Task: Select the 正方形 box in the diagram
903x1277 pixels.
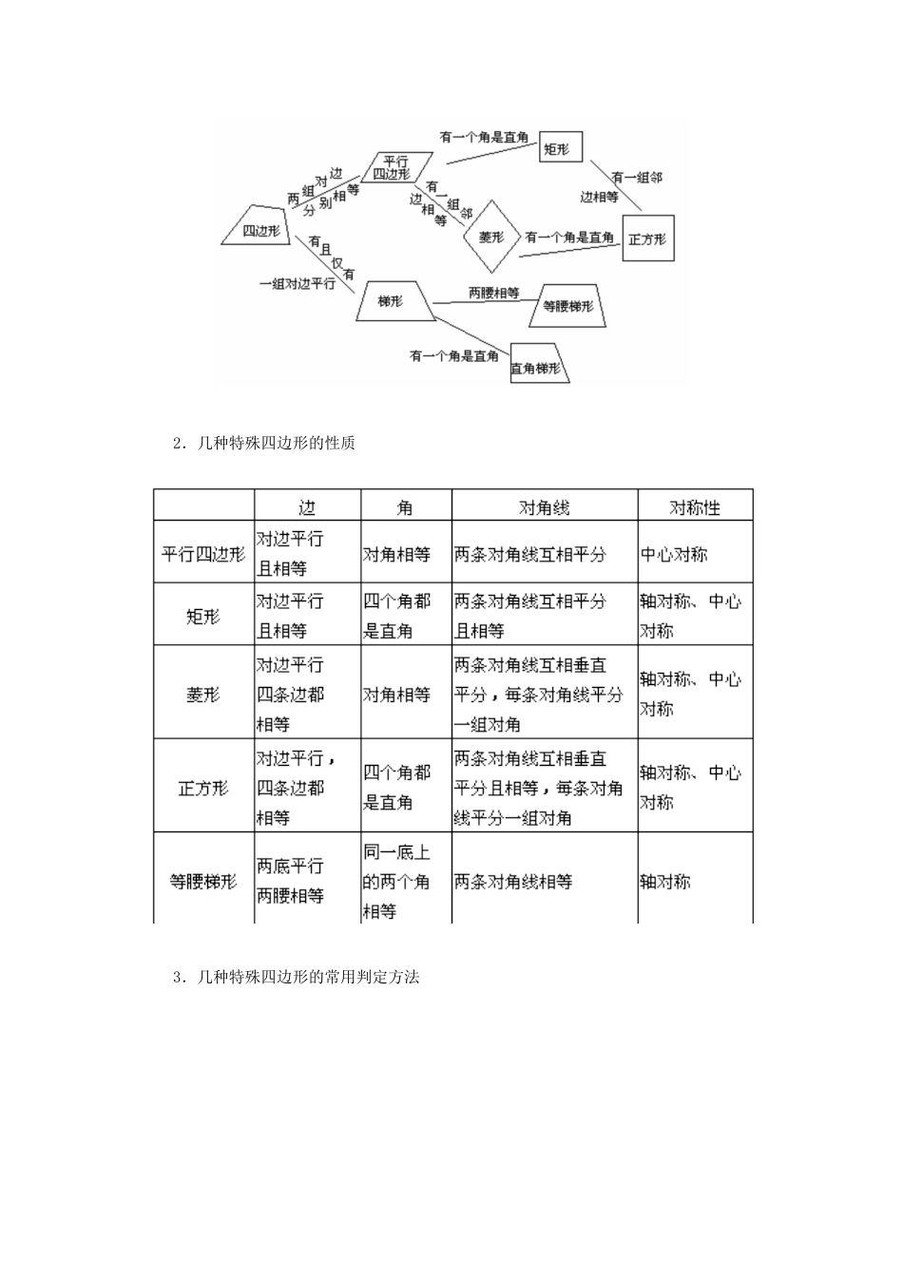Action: (647, 238)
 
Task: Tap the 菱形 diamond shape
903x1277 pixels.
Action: (491, 237)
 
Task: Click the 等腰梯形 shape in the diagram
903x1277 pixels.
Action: (567, 306)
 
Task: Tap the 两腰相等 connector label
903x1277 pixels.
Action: (493, 293)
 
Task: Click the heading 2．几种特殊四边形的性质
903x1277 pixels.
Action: (263, 442)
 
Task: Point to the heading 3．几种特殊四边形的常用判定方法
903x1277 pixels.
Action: (296, 976)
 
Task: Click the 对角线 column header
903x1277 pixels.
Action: (544, 507)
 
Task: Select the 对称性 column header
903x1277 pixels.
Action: (695, 507)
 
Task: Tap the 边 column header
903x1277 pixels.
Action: (307, 507)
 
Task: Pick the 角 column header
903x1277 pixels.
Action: (406, 507)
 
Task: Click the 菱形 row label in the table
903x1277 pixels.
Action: (203, 694)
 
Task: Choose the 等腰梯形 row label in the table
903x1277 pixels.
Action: (203, 881)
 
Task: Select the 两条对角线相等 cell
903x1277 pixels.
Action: (513, 881)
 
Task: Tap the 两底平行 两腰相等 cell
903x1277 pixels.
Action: (291, 881)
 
